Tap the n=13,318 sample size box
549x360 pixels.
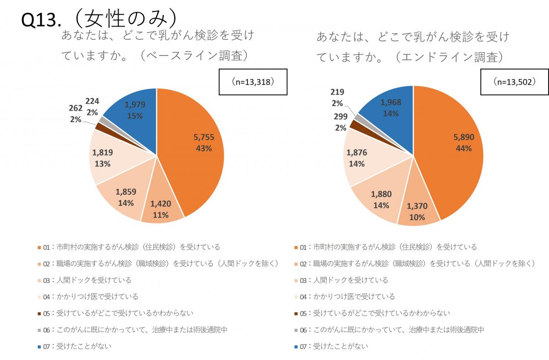click(x=253, y=82)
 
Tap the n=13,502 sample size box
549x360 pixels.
click(x=514, y=82)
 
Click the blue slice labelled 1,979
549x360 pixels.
click(x=134, y=110)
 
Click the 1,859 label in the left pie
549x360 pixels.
click(x=126, y=193)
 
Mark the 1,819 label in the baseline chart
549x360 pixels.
click(x=102, y=153)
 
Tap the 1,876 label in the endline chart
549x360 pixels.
click(x=356, y=153)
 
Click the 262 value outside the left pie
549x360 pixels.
click(x=75, y=109)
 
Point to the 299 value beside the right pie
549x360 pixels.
click(x=340, y=117)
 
